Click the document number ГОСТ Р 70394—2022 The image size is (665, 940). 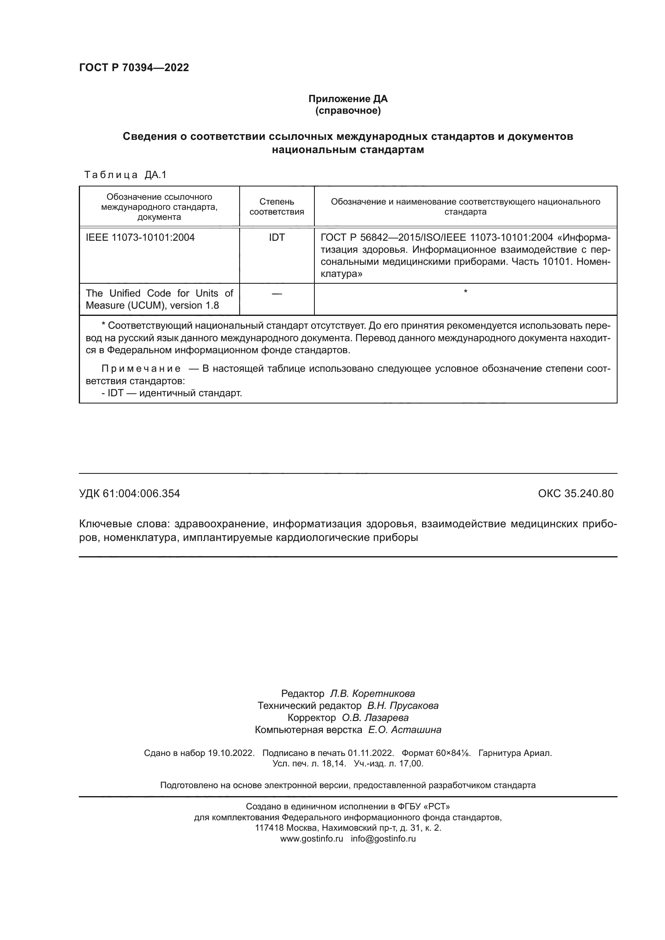click(x=134, y=68)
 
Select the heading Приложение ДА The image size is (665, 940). click(x=348, y=99)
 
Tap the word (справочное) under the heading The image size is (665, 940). click(x=348, y=111)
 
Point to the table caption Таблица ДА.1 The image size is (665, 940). click(x=125, y=175)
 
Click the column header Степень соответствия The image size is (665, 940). click(x=277, y=207)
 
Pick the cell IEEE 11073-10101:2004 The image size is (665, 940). click(x=140, y=238)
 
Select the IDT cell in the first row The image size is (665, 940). click(x=277, y=238)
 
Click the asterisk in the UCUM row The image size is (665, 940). click(x=466, y=291)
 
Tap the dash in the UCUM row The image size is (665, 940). click(x=277, y=293)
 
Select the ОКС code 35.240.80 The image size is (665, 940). click(x=589, y=494)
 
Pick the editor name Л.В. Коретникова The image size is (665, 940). click(x=372, y=694)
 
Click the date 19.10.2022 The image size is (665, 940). click(x=231, y=753)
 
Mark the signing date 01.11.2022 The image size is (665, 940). click(x=371, y=753)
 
